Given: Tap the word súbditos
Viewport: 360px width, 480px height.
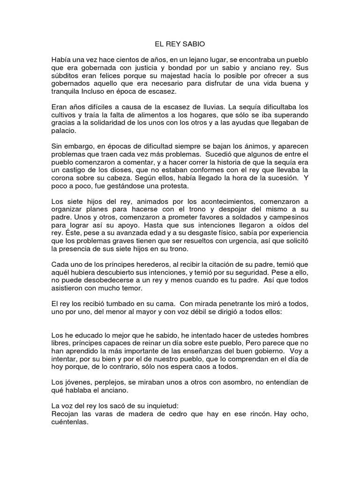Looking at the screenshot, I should coord(66,75).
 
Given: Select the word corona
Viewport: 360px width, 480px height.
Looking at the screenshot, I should coord(64,179).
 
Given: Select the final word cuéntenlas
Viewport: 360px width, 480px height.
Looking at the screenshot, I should coord(71,422).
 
